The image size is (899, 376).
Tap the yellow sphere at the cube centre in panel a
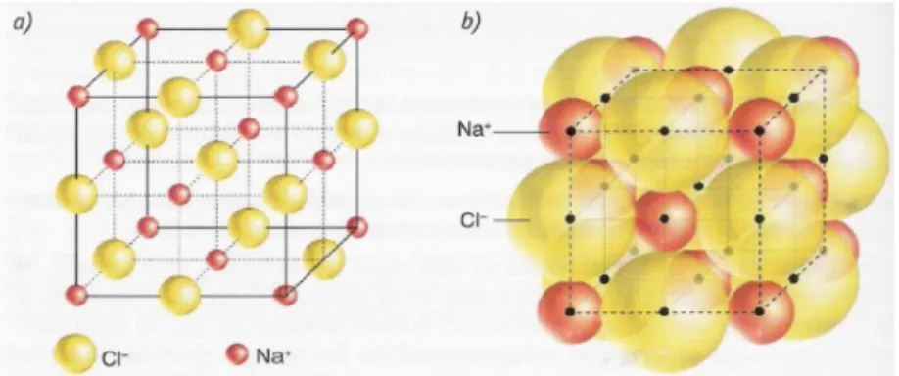216,160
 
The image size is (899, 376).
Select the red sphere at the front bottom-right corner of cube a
285,295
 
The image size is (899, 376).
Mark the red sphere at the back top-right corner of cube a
357,28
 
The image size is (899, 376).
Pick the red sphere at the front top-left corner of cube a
78,97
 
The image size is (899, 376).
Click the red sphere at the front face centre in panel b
665,218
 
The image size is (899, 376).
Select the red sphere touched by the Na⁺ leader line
571,131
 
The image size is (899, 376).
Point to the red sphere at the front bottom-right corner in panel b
760,312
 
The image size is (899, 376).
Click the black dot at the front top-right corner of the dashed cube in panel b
760,131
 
